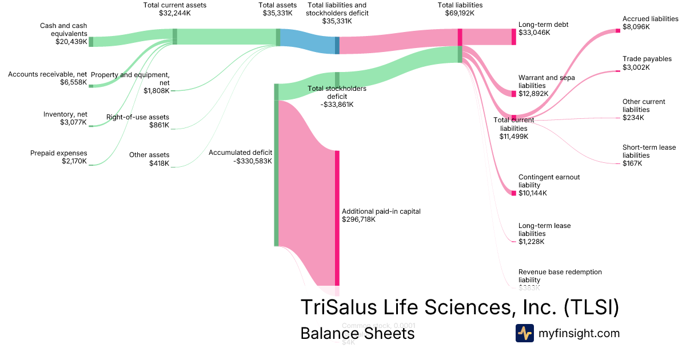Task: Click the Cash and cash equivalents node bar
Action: point(90,41)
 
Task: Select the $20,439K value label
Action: point(71,42)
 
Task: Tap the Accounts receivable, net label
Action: point(47,74)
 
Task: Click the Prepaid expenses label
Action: point(58,153)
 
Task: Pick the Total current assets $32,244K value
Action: point(175,13)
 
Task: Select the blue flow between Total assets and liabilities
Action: point(308,41)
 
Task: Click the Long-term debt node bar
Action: point(513,37)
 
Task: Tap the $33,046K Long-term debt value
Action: point(534,33)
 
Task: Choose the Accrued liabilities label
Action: point(651,19)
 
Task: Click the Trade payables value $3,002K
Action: point(636,67)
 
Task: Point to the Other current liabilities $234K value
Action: point(633,118)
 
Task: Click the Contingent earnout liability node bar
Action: point(513,193)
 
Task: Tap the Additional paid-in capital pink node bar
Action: point(337,217)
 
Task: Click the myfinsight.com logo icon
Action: point(525,333)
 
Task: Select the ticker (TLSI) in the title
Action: point(591,307)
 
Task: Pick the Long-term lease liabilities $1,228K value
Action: point(532,242)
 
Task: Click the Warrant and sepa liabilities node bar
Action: point(513,93)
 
